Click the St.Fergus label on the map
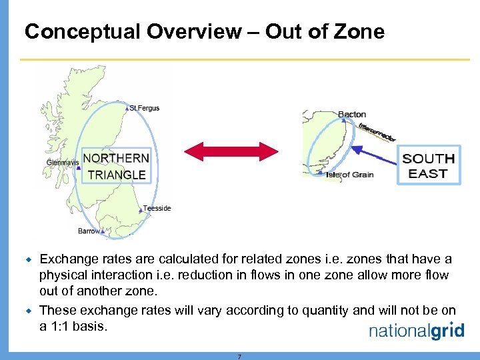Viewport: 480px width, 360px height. click(145, 108)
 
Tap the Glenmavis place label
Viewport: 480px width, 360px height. click(62, 162)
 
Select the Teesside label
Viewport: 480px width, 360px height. click(157, 208)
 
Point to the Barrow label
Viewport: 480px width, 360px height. click(89, 231)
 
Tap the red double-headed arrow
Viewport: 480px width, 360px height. click(231, 151)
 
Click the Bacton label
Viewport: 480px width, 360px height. click(352, 115)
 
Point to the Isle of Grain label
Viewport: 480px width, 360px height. click(349, 175)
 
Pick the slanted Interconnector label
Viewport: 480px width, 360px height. click(377, 131)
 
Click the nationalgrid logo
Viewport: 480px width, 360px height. click(416, 330)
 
